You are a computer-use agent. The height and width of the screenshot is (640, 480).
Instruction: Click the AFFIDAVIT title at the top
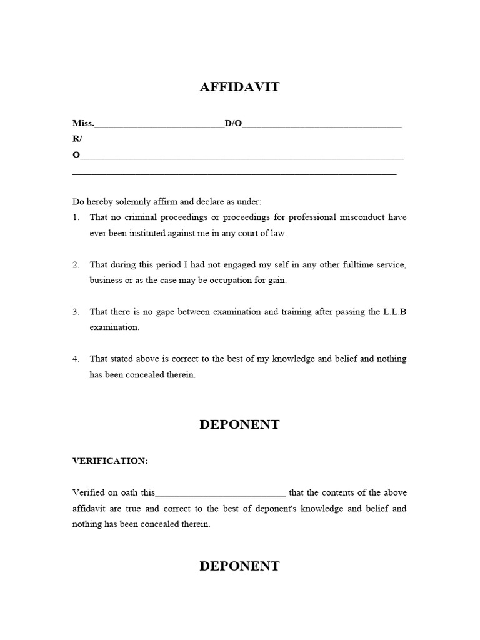click(239, 87)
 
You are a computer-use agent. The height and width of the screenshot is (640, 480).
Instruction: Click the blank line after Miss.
click(159, 125)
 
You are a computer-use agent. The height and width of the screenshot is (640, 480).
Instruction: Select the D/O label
click(233, 123)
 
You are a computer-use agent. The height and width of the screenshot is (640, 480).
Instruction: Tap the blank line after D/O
click(321, 125)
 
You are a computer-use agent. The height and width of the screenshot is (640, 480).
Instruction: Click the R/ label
click(77, 139)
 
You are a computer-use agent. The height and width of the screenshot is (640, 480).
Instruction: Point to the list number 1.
click(76, 217)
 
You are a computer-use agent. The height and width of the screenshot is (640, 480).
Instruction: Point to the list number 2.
click(76, 265)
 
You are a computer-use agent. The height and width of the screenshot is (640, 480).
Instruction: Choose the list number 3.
click(76, 312)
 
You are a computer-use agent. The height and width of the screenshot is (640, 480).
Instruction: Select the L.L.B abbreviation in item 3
click(394, 312)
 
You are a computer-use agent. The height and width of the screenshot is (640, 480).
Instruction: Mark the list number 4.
click(76, 359)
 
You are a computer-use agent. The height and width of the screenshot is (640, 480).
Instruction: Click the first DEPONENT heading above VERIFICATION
click(239, 425)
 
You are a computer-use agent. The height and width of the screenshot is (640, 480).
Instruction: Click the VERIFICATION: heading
click(110, 461)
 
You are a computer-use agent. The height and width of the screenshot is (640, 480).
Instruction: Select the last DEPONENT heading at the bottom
click(239, 566)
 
